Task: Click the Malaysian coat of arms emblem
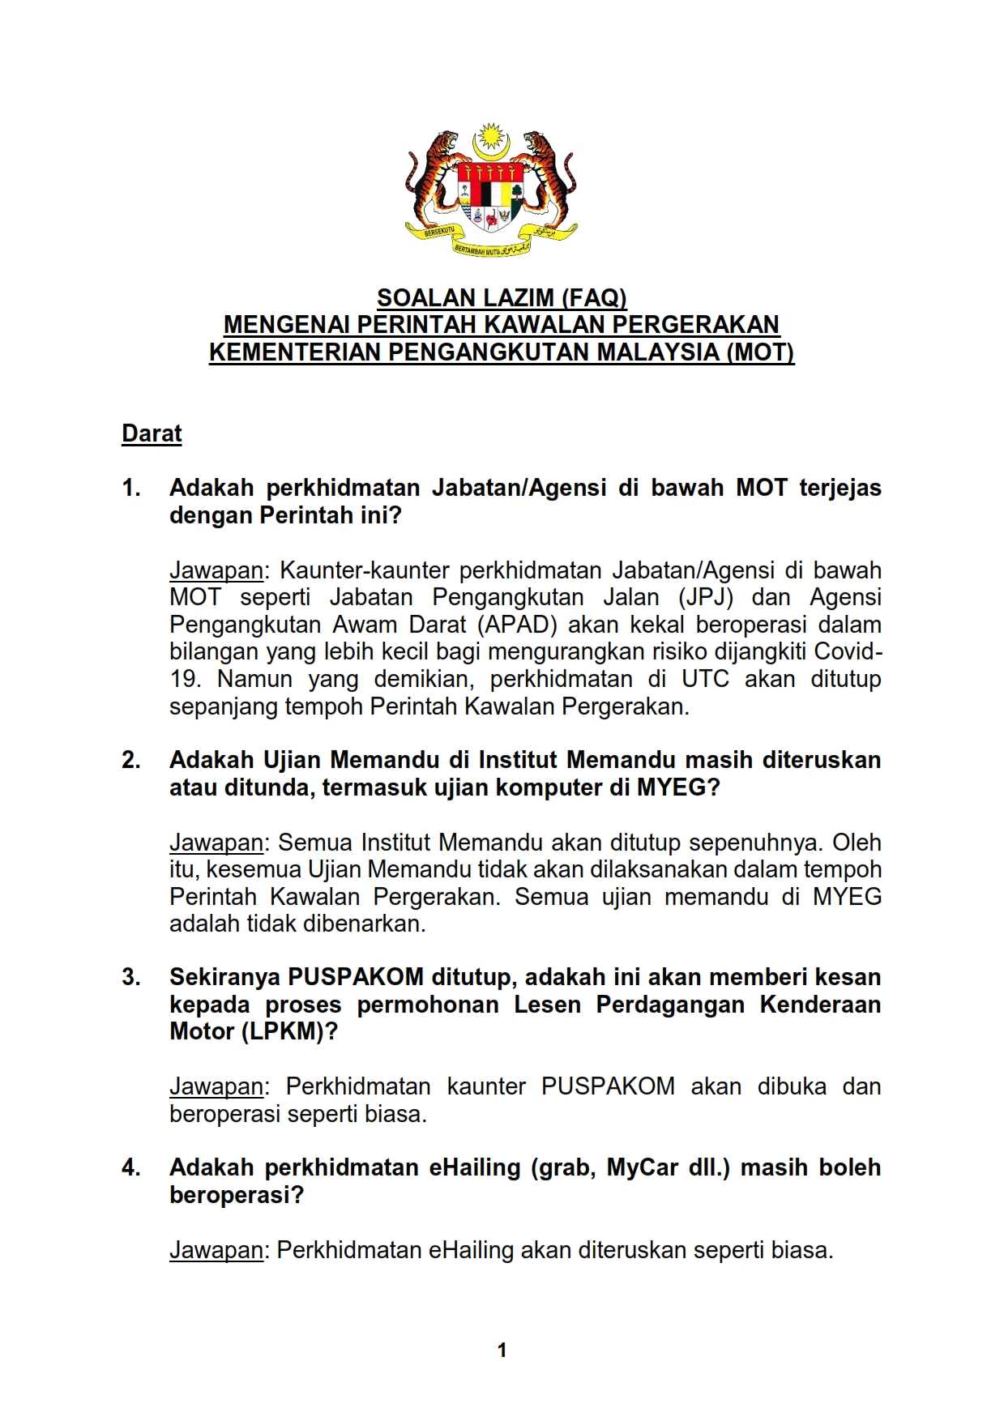click(491, 191)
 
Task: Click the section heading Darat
click(152, 434)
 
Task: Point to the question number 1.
click(130, 488)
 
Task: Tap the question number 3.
click(130, 977)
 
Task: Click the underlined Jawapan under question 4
click(216, 1250)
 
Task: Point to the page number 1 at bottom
click(502, 1350)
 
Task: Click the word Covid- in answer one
click(848, 652)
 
